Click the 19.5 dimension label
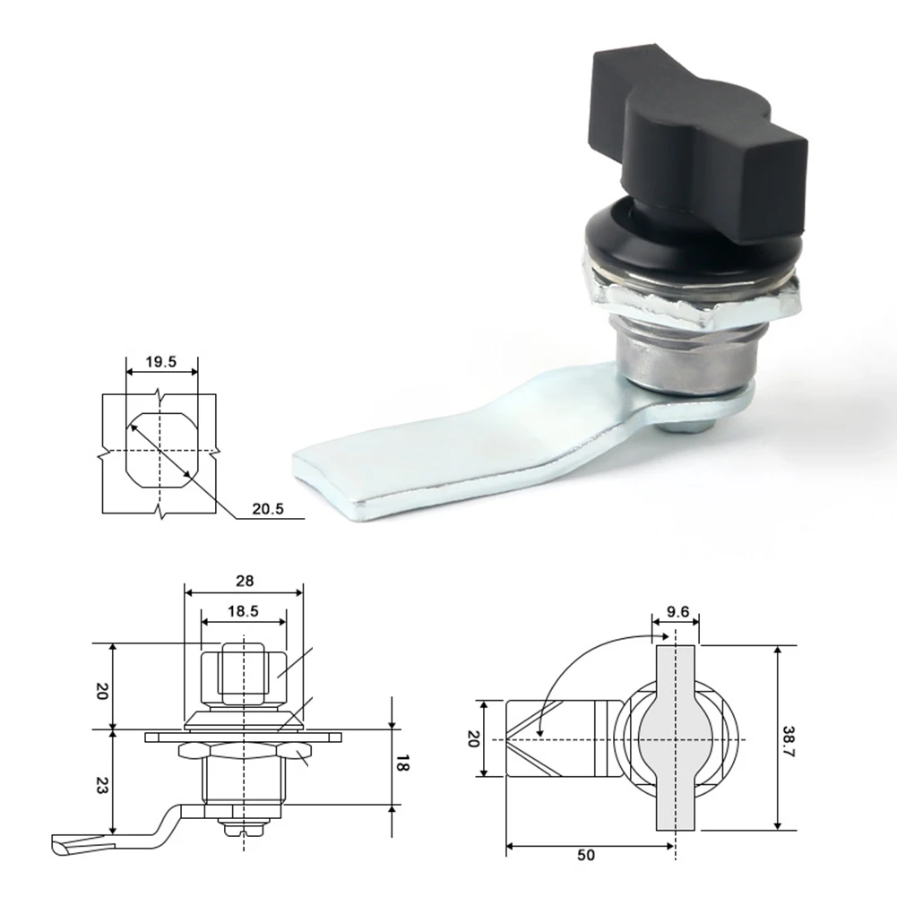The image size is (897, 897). pos(160,361)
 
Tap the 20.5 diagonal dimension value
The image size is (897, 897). pos(268,509)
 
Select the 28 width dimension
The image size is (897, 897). pos(245,582)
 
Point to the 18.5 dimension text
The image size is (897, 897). pos(243,611)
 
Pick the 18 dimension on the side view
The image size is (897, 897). pos(402,763)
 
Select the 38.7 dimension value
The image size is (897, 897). pos(789,741)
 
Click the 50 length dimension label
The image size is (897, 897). pos(586,855)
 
